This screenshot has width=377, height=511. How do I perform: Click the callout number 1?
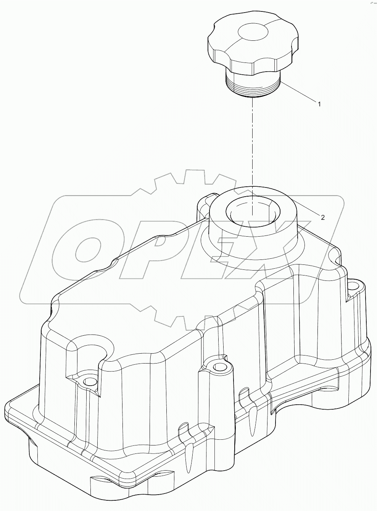click(319, 103)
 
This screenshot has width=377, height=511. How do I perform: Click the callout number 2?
click(323, 217)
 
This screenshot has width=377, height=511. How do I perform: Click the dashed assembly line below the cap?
click(252, 145)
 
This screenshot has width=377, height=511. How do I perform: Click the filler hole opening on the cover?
click(253, 210)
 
